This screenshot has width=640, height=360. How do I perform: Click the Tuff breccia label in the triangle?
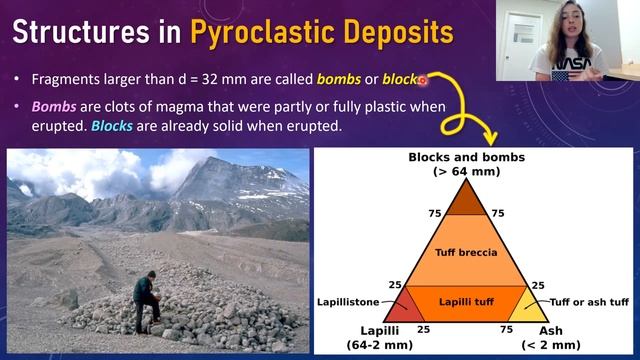click(463, 251)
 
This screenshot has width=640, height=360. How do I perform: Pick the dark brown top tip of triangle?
click(463, 198)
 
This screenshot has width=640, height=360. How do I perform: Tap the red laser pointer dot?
click(422, 79)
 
